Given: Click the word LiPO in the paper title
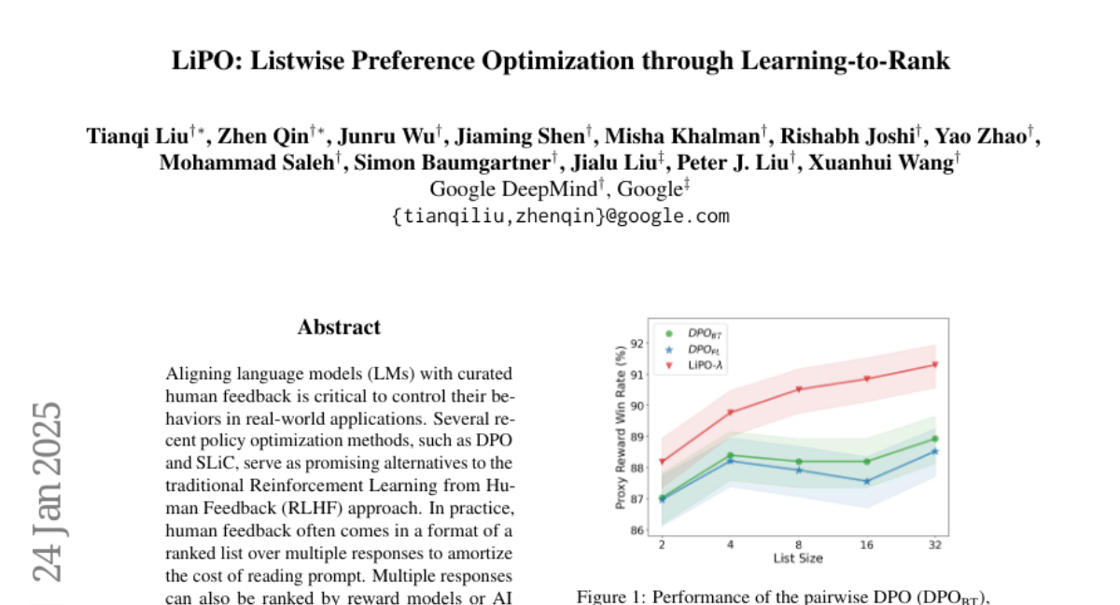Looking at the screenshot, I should click(202, 63).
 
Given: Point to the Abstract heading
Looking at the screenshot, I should click(339, 328).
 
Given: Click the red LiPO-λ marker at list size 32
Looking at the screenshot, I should click(934, 365).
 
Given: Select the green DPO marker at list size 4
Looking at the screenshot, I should click(731, 456).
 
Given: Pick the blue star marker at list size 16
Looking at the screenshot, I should click(867, 482).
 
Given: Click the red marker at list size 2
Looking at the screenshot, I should click(663, 461).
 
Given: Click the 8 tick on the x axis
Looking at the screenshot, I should click(799, 545).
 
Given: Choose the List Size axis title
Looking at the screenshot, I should click(798, 558).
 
